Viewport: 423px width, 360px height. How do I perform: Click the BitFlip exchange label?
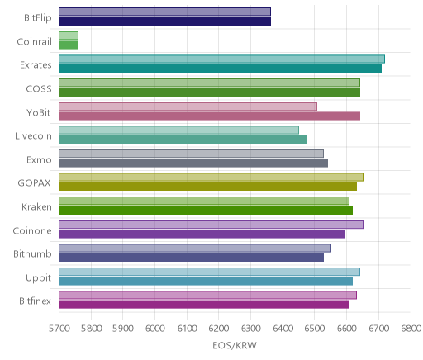38,17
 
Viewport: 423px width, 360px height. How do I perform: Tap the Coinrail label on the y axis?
34,41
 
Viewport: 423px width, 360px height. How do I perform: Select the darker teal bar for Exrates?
220,69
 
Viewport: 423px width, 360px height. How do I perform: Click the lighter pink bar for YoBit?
188,107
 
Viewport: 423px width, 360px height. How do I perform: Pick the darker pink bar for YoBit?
209,116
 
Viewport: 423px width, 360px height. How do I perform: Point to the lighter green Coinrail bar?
69,36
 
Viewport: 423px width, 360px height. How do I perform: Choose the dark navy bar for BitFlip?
164,21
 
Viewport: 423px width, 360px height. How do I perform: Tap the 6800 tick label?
411,328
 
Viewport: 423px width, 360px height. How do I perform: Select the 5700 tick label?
59,328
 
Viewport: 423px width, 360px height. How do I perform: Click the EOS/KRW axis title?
235,345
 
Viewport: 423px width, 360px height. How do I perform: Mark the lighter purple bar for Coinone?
211,225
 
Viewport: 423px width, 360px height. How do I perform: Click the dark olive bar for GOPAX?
207,187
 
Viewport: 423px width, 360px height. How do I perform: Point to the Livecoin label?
33,136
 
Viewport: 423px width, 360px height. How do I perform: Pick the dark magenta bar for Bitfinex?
204,305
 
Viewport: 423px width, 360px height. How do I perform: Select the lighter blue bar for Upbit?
209,272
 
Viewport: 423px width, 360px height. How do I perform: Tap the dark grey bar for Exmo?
193,163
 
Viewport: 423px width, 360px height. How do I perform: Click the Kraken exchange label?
36,206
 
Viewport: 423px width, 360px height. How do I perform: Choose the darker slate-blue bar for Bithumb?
191,258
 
